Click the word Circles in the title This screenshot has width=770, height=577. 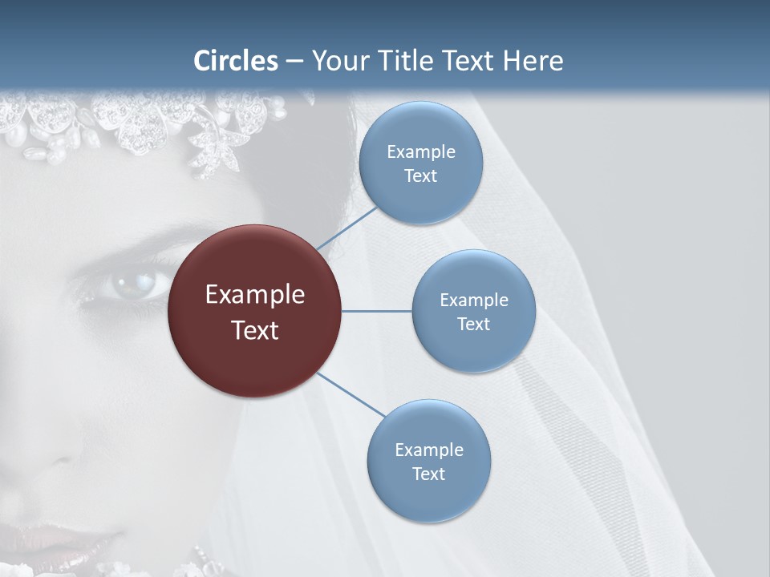(236, 61)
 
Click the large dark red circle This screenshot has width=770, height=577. (254, 312)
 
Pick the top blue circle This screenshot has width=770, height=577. (421, 163)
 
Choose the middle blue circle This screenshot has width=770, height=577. (474, 312)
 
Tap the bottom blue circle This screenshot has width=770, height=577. (428, 462)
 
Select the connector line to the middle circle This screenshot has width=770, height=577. (376, 311)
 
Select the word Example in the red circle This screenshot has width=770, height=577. (254, 295)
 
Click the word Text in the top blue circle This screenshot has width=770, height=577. (421, 176)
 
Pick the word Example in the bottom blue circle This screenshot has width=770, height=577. (428, 450)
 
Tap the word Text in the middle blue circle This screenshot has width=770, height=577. (474, 325)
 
